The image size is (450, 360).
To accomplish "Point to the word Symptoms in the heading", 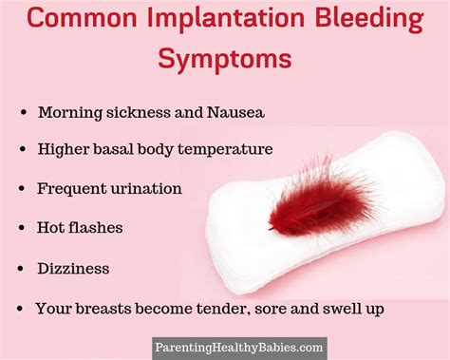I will point(225,59).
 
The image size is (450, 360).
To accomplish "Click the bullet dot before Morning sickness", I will point(22,112).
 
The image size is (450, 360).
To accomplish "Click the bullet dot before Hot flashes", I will point(22,229).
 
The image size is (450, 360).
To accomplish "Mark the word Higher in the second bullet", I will point(62,149).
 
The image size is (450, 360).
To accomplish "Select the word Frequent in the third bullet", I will point(68,188).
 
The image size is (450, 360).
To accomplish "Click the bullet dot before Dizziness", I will point(22,270).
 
